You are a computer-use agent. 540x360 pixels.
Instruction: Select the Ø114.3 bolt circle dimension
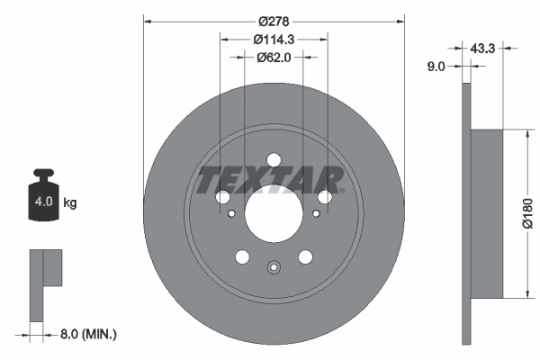274,39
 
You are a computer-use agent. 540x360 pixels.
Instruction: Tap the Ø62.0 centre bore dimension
274,57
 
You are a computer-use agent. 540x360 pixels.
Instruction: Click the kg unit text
71,203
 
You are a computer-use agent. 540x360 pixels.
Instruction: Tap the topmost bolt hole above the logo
274,160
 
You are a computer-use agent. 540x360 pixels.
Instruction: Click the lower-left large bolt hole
242,257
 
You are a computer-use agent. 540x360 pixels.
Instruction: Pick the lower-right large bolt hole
305,257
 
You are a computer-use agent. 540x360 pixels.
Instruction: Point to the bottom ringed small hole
274,267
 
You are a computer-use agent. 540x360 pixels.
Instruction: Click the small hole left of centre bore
232,213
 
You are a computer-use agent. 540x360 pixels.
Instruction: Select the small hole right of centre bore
315,213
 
